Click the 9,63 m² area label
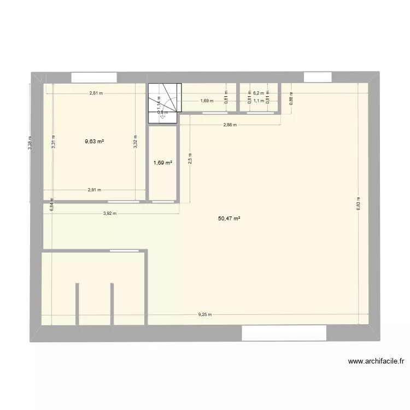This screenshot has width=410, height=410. tap(94, 141)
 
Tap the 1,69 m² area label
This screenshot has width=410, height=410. tap(163, 162)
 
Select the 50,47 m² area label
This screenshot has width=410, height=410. tap(230, 218)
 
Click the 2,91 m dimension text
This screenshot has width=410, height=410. tap(95, 190)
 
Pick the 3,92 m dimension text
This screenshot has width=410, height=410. tap(110, 214)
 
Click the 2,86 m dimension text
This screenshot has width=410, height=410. tap(230, 125)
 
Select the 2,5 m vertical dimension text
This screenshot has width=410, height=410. tap(190, 159)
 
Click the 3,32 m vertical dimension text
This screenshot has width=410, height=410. tap(135, 142)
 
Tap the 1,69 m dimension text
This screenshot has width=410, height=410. tap(207, 101)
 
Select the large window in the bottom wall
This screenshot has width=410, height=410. tap(284, 332)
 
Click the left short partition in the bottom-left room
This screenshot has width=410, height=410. tap(77, 304)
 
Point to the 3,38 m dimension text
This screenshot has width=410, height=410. tap(31, 143)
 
